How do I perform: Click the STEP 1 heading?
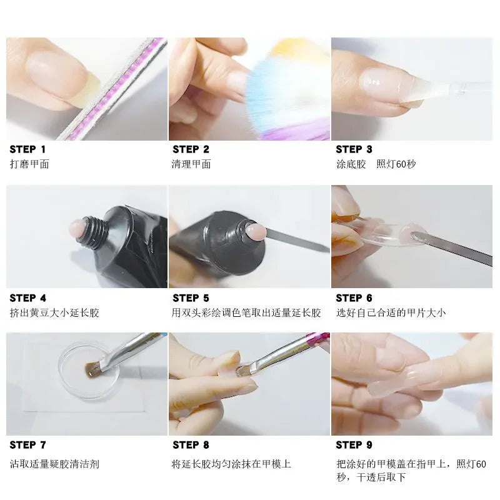[x=27, y=149]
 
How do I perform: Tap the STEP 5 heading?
[x=191, y=297]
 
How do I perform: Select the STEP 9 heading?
[x=354, y=445]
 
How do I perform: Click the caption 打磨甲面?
[x=29, y=164]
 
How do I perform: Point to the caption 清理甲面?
[x=192, y=164]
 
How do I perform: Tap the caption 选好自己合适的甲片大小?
[x=391, y=312]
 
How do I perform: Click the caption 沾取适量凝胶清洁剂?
[x=54, y=464]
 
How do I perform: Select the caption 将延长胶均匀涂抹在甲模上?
[x=231, y=464]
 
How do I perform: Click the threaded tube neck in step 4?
[x=94, y=232]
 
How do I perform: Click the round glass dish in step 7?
[x=88, y=368]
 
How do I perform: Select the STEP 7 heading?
[x=27, y=445]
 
